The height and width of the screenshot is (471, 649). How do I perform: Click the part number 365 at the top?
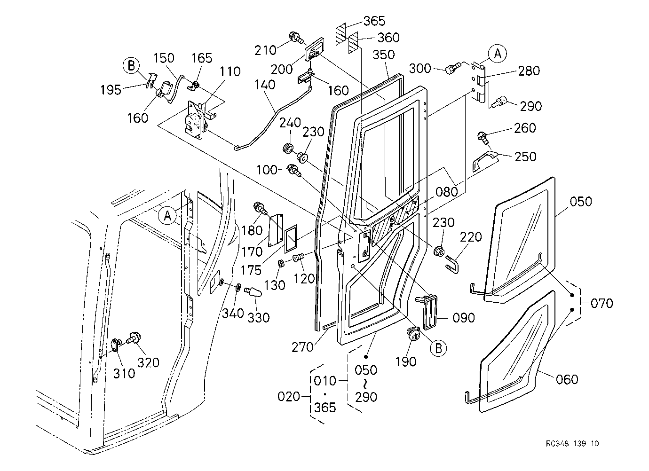click(374, 21)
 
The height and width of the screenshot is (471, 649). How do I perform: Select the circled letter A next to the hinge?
click(498, 54)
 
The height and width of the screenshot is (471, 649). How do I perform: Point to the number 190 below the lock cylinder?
click(405, 361)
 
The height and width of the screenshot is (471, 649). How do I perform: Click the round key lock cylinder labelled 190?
click(413, 334)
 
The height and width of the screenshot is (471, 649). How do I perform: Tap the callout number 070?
click(602, 303)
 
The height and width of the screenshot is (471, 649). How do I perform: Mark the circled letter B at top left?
click(131, 66)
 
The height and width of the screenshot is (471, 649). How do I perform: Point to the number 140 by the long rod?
click(264, 85)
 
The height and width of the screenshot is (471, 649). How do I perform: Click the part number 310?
click(124, 374)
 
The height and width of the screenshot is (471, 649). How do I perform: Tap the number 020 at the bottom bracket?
click(288, 397)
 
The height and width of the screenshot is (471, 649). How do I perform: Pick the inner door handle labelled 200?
click(314, 49)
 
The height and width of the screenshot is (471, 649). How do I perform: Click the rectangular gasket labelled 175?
click(290, 239)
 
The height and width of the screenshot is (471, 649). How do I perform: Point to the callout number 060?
click(567, 379)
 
